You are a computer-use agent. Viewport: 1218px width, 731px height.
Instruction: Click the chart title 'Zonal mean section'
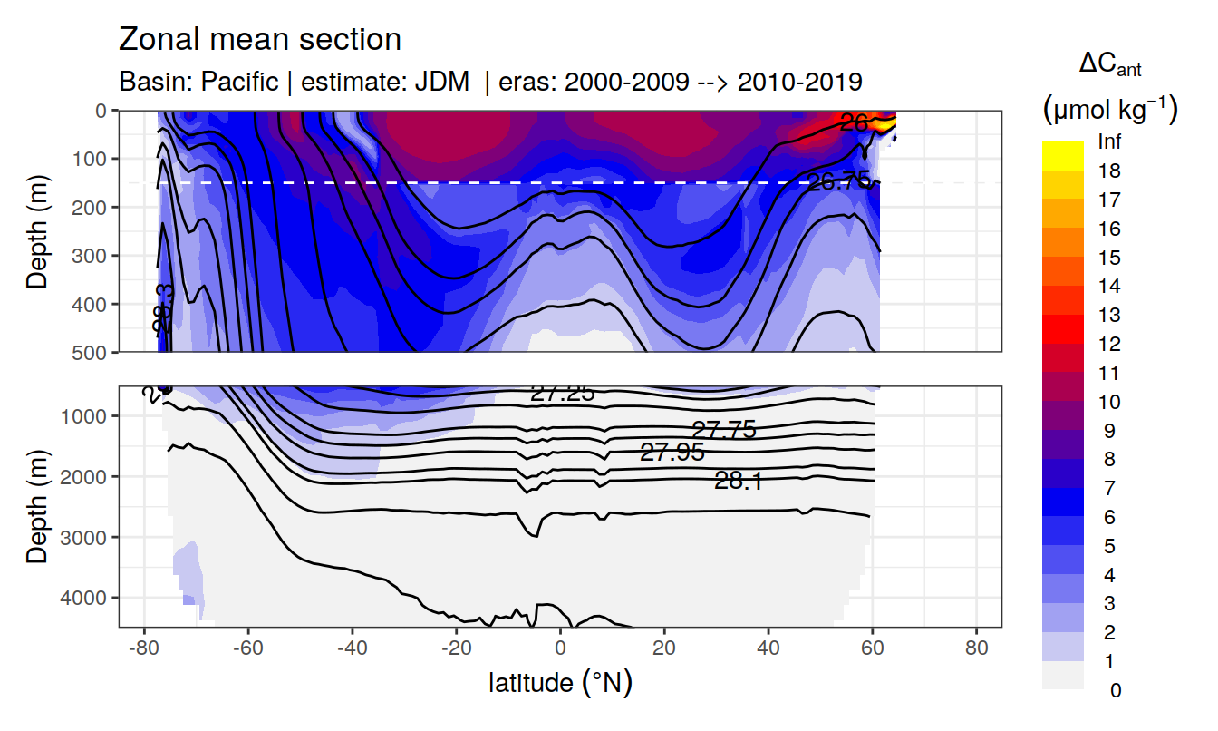tap(259, 40)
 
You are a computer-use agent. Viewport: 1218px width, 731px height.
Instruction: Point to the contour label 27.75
tap(723, 430)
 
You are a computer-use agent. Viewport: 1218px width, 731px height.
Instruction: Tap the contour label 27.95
tap(672, 452)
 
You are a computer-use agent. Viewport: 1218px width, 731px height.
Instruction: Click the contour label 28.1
tap(738, 482)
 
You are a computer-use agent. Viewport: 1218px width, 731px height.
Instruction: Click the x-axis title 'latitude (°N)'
tap(560, 682)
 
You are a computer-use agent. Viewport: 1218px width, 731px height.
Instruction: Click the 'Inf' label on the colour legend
tap(1108, 142)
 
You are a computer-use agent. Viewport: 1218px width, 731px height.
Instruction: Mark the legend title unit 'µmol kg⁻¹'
tap(1109, 110)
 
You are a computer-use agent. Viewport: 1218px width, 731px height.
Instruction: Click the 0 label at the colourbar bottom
tap(1115, 690)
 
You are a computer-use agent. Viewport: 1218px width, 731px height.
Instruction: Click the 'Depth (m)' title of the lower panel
tap(37, 506)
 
